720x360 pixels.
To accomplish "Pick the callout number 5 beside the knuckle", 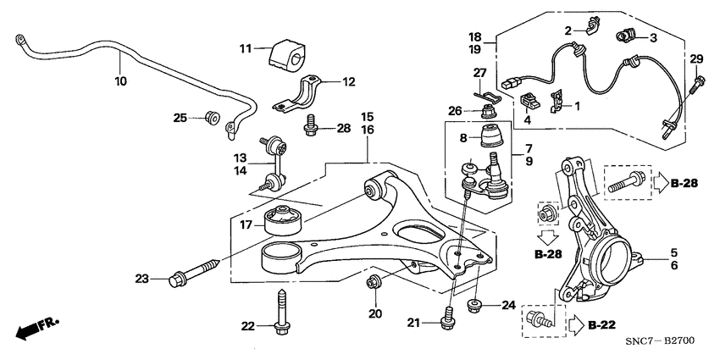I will click(x=673, y=252).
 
